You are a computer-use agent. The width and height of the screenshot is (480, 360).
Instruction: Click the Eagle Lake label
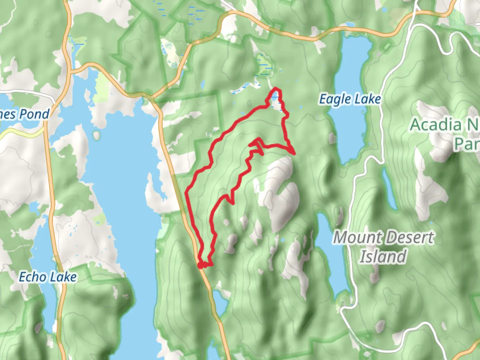pyautogui.click(x=350, y=99)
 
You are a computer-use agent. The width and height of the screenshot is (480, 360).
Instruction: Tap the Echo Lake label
pyautogui.click(x=48, y=277)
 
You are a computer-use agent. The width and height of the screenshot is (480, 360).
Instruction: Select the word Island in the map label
pyautogui.click(x=383, y=256)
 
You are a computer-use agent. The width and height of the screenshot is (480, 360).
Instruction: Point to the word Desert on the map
pyautogui.click(x=409, y=238)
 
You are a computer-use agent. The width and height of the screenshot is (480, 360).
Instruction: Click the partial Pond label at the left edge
pyautogui.click(x=25, y=114)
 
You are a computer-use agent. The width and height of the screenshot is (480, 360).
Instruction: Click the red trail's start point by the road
pyautogui.click(x=200, y=265)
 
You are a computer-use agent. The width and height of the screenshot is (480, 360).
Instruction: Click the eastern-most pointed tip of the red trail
pyautogui.click(x=294, y=153)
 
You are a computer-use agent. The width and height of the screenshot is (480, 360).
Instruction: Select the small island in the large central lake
pyautogui.click(x=97, y=135)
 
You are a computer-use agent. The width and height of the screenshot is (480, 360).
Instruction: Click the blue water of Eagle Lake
pyautogui.click(x=350, y=133)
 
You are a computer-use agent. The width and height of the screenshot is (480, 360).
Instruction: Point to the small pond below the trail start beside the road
pyautogui.click(x=220, y=302)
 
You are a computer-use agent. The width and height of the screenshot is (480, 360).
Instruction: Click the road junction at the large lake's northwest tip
pyautogui.click(x=72, y=71)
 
